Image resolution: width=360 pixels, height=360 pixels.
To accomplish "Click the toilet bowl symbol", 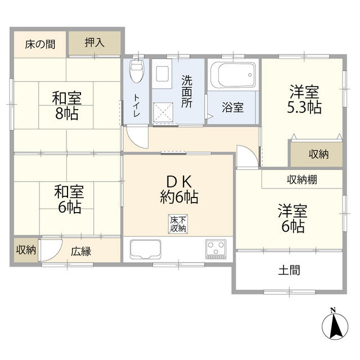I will click(136, 73).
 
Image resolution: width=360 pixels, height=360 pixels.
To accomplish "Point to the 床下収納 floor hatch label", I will click(178, 224).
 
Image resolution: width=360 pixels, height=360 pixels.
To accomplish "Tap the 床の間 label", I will click(40, 44).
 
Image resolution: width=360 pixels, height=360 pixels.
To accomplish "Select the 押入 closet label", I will click(94, 43).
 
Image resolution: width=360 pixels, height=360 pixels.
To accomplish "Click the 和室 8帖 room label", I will click(67, 105).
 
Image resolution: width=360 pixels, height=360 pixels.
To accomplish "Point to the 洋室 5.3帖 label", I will click(305, 100).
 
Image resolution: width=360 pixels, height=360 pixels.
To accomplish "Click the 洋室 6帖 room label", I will click(292, 219).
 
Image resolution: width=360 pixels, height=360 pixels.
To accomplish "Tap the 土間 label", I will click(289, 270).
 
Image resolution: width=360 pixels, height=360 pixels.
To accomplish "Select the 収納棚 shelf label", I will click(302, 180).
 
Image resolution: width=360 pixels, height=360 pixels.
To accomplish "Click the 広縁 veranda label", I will click(81, 251).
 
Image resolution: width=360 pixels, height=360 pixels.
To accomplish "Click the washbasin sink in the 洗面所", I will click(163, 74).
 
